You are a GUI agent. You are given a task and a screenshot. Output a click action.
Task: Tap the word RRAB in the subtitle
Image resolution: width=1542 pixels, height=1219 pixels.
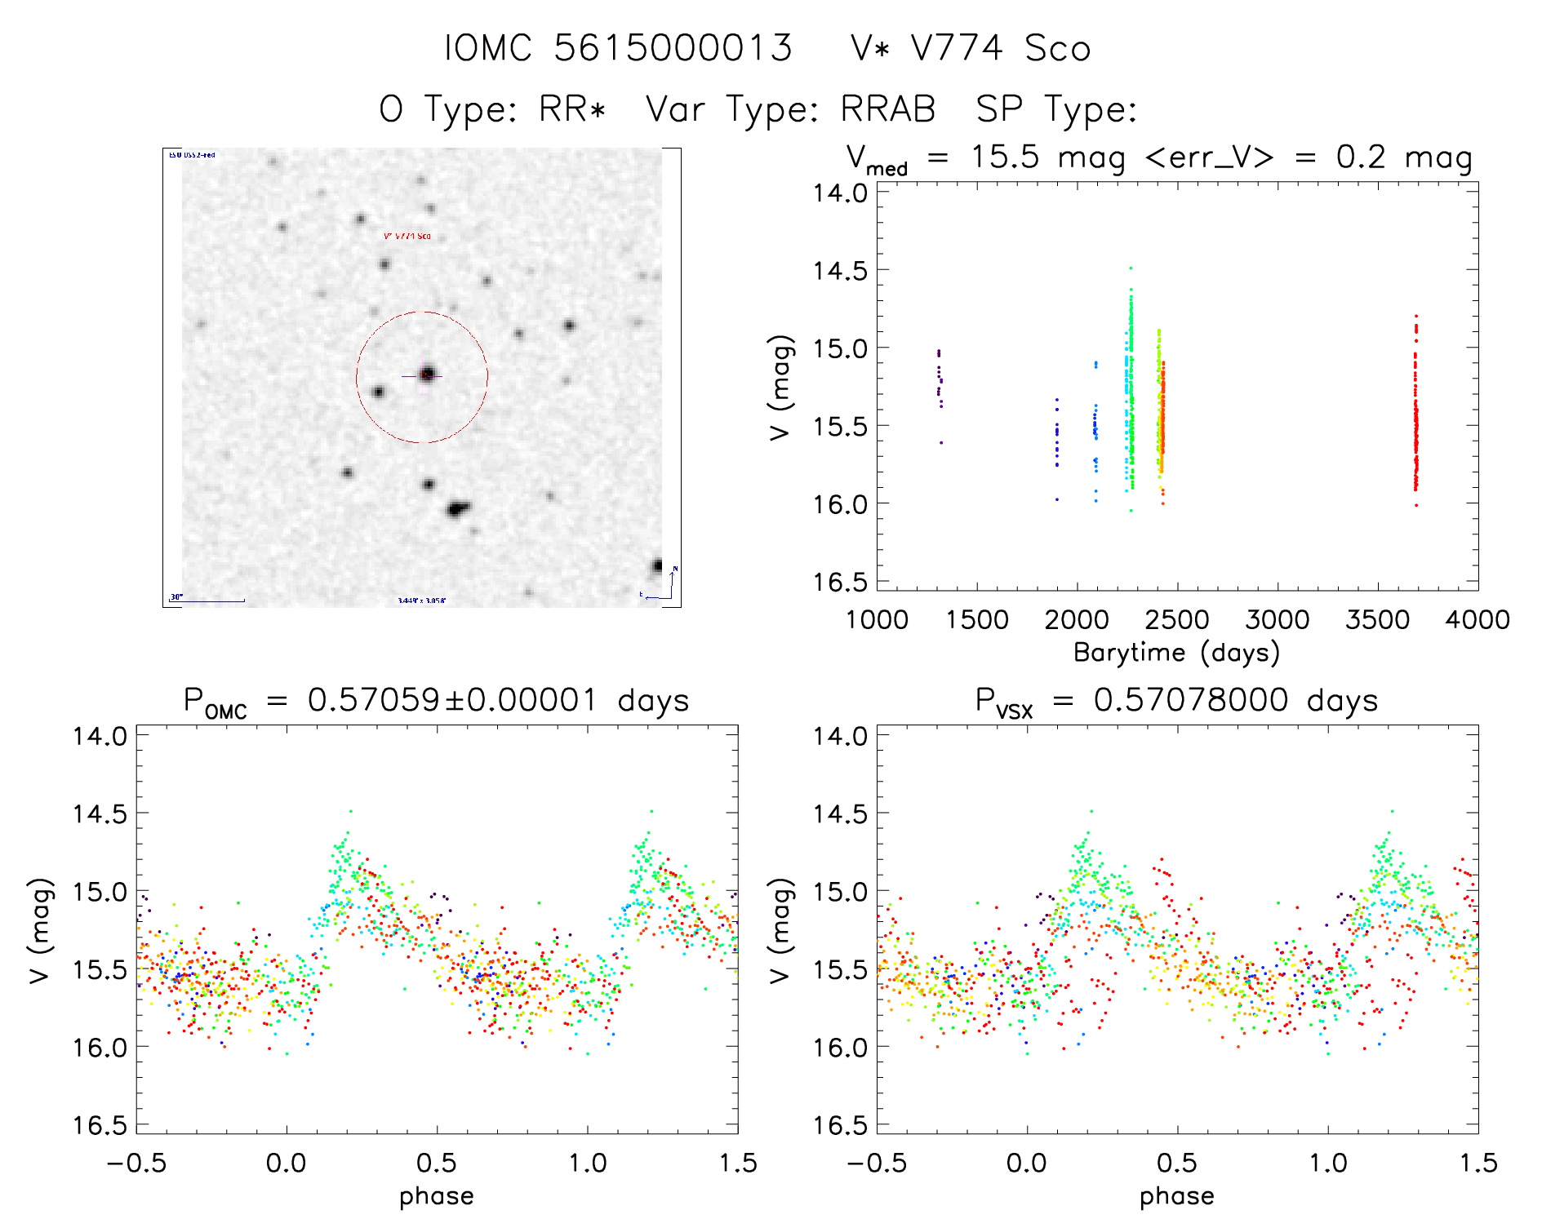coord(887,109)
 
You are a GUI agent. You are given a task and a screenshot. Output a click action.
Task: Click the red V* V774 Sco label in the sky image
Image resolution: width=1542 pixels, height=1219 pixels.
coord(407,237)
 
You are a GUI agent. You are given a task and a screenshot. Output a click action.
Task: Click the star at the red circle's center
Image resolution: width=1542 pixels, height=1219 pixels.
coord(427,375)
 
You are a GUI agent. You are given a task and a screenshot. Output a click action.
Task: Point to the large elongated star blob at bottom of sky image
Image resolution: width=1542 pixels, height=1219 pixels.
coord(457,510)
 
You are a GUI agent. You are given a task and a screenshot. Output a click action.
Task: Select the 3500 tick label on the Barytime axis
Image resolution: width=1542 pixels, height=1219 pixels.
coord(1377,620)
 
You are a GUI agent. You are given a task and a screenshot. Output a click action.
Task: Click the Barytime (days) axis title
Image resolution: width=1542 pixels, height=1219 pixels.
coord(1176,653)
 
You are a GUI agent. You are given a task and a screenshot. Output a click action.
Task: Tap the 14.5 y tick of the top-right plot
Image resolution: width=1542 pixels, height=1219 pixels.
coord(840,271)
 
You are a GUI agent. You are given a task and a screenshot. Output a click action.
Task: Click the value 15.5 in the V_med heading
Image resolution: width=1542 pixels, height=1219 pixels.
coord(1005,157)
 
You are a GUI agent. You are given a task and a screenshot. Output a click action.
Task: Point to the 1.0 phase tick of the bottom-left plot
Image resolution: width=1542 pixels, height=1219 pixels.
coord(588,1163)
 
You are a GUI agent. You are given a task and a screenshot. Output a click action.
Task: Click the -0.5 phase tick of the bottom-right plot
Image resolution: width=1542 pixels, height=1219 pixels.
coord(877,1163)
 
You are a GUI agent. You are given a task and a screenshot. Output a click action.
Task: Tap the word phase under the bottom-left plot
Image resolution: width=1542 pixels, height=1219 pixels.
coord(437,1196)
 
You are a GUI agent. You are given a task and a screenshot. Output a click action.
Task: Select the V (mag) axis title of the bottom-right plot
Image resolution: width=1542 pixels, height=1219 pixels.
coord(781,930)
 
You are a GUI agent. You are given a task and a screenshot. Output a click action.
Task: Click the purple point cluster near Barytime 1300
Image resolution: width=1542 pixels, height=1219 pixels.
coord(940,379)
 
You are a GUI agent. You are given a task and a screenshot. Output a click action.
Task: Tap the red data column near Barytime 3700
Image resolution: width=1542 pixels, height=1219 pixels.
coord(1415,416)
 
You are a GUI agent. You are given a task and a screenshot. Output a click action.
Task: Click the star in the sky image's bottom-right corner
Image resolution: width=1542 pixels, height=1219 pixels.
coord(657,566)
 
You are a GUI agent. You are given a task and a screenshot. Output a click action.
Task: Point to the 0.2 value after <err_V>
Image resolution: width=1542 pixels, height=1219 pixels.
coord(1361,157)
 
